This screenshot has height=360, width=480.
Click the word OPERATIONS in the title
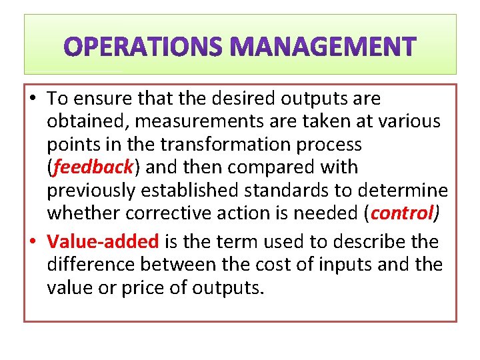point(143,47)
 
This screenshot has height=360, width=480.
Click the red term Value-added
point(103,241)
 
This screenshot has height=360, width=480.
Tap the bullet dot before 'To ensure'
point(33,99)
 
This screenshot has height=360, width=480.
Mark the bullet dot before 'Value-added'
point(33,242)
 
